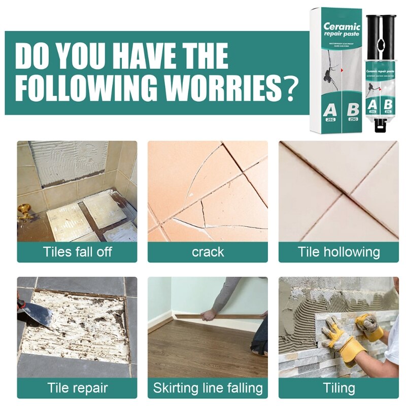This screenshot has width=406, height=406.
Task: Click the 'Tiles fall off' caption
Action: [77, 252]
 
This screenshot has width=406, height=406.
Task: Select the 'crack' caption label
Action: [208, 252]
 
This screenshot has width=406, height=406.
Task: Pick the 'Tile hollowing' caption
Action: [339, 252]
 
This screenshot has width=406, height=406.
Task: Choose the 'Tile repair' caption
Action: [77, 388]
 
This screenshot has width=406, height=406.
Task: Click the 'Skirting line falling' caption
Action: [208, 388]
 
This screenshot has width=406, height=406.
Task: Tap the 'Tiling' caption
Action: [339, 388]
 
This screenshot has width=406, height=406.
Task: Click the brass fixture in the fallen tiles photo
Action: [25, 212]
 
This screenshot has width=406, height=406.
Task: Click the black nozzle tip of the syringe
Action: [380, 125]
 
